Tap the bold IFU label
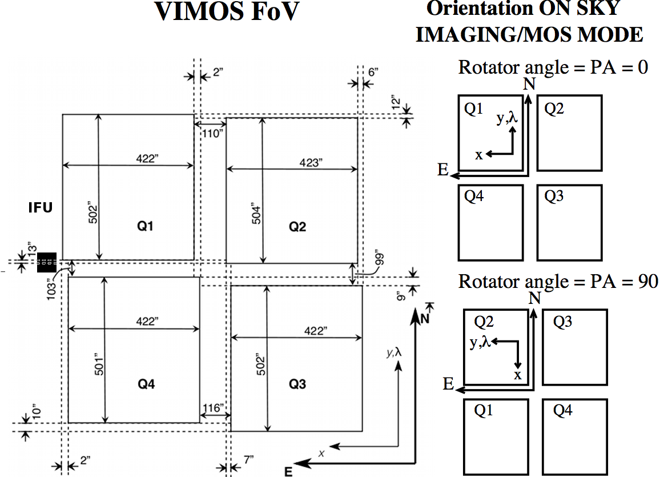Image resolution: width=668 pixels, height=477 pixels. coord(41,208)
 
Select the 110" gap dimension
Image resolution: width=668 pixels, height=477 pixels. coord(211,133)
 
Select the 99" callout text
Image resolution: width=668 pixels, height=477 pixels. coord(381,257)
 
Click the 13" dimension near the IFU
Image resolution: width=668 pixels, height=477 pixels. coord(31,250)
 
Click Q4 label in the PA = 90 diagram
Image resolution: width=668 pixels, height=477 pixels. coord(563,410)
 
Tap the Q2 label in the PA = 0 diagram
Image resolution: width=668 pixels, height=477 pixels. coord(554,109)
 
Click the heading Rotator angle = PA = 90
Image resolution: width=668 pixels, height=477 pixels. coord(558,281)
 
